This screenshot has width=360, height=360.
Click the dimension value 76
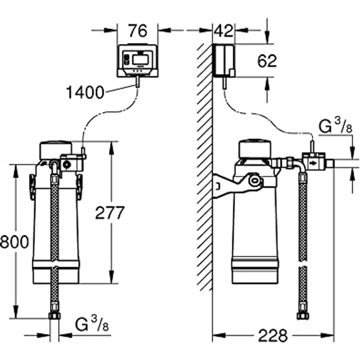(137, 31)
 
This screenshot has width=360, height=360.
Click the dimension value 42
(224, 31)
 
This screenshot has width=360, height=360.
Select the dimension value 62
(267, 61)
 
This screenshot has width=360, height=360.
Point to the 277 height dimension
(110, 213)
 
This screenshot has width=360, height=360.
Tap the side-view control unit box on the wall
(224, 61)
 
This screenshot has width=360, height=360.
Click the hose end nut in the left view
(55, 315)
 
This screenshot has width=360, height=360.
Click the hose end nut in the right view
(303, 315)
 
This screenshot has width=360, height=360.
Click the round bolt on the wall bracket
(254, 181)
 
